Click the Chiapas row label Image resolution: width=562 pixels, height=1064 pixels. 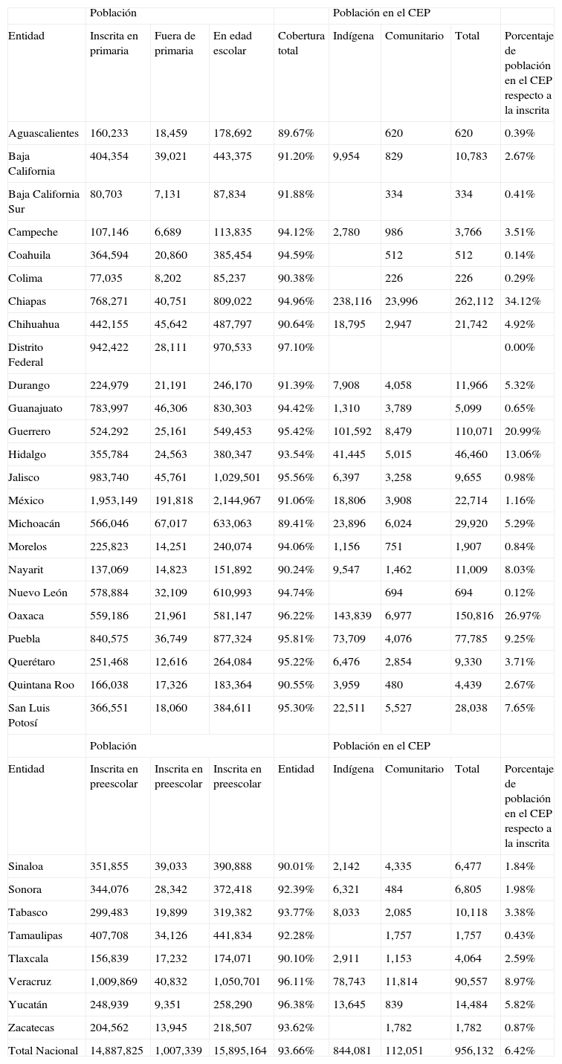tap(28, 301)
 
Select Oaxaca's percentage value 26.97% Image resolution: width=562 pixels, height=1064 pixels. tap(523, 616)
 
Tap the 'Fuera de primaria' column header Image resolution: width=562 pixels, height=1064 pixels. tap(175, 43)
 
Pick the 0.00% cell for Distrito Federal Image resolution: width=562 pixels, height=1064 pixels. tap(520, 347)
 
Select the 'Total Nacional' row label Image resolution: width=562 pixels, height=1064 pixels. tap(43, 1051)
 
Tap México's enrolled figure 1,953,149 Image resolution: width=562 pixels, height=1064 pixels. tap(114, 500)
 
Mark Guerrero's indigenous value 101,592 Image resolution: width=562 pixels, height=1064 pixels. tap(352, 431)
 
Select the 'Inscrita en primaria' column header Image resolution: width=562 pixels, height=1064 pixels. tap(114, 43)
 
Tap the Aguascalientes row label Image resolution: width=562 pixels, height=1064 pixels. tap(43, 133)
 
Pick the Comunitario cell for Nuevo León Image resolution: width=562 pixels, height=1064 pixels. tap(394, 593)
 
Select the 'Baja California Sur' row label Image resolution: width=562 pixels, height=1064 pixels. tap(44, 201)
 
